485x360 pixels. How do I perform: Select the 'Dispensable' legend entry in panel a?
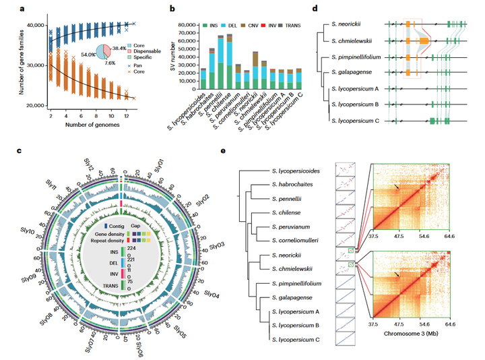137,51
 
